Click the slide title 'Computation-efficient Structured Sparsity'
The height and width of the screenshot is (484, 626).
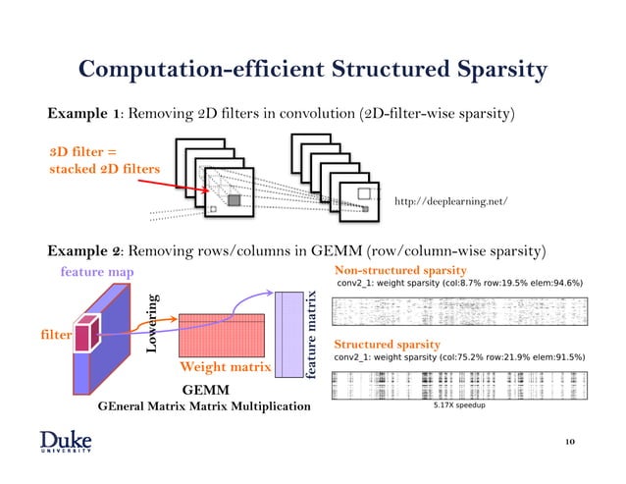click(312, 69)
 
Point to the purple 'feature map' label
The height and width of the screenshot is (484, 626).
click(97, 271)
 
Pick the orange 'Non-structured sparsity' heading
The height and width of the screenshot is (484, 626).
click(400, 269)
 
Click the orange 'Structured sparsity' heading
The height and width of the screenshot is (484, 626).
click(388, 345)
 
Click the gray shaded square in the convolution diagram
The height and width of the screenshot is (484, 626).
click(234, 200)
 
